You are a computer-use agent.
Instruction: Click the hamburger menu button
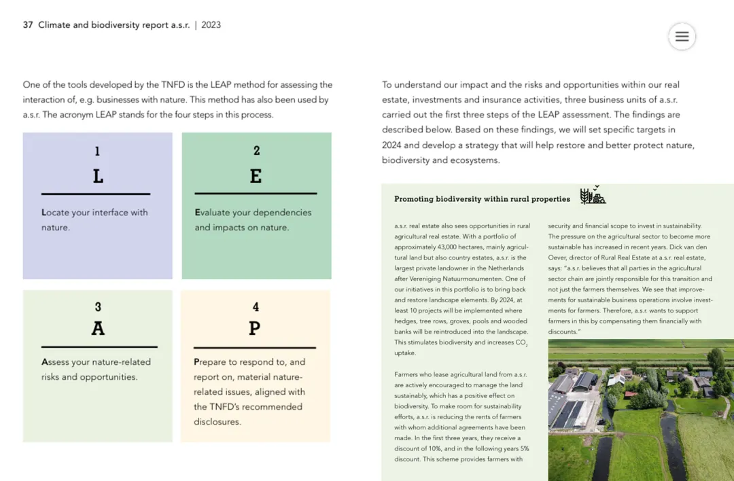coord(682,37)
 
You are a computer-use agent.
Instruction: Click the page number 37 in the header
coord(28,25)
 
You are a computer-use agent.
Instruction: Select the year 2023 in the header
coord(211,25)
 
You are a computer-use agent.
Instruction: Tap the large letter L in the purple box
coord(98,177)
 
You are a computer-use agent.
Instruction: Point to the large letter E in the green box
coord(256,176)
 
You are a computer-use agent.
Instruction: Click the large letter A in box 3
coord(98,328)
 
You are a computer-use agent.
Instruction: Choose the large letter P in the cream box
coord(254,328)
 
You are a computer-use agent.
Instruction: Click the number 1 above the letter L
coord(97,152)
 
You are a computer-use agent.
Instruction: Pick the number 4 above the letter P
coord(256,307)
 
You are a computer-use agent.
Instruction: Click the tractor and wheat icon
coord(592,196)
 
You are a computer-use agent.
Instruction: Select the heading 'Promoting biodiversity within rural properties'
coord(482,199)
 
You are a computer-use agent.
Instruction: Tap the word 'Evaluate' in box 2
coord(213,213)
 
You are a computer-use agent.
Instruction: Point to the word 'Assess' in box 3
coord(56,362)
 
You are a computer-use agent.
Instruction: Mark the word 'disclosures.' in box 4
coord(217,422)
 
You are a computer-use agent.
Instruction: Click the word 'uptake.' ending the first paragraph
coord(405,353)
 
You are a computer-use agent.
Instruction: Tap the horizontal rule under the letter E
coord(256,194)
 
